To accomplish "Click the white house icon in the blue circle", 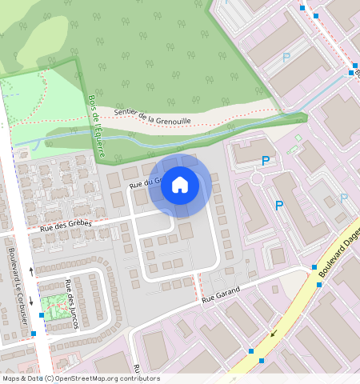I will coord(180,185).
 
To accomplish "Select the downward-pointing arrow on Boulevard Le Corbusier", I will coord(32,301).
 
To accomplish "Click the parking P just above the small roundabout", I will coord(266,162).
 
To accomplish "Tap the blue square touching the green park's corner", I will coord(42,315).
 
